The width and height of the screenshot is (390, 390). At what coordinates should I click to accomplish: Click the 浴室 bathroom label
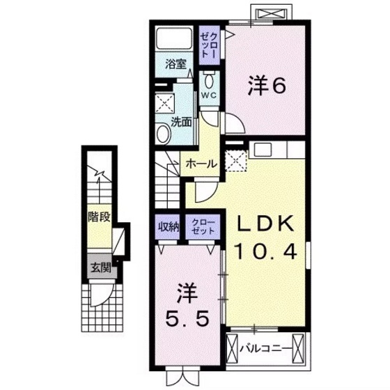click(x=175, y=65)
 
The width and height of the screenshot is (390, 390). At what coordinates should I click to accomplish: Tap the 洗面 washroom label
click(x=182, y=121)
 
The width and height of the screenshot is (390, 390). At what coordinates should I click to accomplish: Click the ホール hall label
click(x=201, y=164)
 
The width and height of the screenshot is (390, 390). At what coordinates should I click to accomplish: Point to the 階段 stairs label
click(x=100, y=216)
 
